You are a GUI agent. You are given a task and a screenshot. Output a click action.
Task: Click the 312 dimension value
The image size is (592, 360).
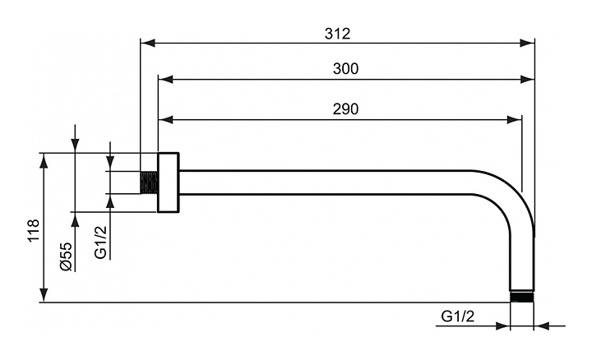point(337,34)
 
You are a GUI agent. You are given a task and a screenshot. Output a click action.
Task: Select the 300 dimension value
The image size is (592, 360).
point(345,69)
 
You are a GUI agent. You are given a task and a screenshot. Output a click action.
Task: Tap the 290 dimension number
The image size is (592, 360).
point(345,109)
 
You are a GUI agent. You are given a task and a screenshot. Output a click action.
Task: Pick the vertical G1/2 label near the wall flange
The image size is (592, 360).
point(100,242)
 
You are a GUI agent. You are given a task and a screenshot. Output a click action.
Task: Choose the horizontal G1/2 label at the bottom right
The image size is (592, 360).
point(458,316)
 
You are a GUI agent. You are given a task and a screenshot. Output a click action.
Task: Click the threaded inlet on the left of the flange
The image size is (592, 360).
point(149,182)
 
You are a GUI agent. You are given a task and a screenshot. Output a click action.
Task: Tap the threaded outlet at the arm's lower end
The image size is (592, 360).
point(521,297)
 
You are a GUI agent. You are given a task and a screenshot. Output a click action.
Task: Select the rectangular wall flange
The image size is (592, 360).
point(169,182)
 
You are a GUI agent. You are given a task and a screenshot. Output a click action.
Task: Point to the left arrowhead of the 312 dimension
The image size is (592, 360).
point(146,41)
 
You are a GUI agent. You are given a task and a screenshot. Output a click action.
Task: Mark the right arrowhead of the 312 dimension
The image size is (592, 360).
point(529,41)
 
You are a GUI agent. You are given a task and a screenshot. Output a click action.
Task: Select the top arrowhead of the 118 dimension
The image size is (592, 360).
point(44,158)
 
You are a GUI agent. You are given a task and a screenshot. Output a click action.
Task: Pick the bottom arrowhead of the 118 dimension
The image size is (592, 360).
point(44,297)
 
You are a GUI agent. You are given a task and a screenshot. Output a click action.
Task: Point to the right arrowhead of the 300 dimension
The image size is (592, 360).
point(529,80)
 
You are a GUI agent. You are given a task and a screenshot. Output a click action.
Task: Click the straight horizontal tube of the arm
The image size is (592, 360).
point(329,182)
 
